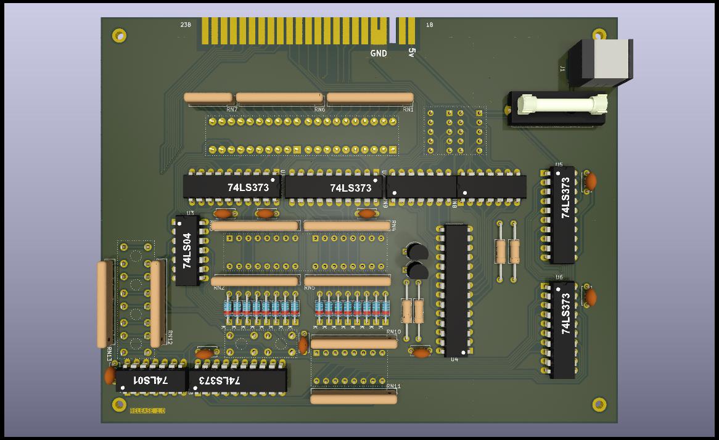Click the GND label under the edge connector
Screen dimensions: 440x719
[x=379, y=54]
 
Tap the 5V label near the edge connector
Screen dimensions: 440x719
[x=411, y=53]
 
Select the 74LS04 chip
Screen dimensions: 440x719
[x=187, y=250]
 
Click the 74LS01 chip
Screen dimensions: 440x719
[x=151, y=381]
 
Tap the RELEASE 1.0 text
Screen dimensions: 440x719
[x=147, y=410]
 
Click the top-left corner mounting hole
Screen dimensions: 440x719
[x=119, y=35]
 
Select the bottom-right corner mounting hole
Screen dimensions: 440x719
[x=599, y=404]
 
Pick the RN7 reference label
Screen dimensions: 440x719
[x=232, y=110]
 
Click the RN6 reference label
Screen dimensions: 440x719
[x=319, y=110]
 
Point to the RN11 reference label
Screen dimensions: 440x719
[x=393, y=386]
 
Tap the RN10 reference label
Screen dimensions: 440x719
[x=393, y=332]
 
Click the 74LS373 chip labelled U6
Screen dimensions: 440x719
[x=562, y=330]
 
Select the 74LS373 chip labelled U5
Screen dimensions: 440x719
[x=562, y=214]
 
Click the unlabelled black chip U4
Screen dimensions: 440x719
[x=456, y=290]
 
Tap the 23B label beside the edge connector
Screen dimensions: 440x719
[x=185, y=25]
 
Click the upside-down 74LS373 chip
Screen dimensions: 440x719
[x=237, y=381]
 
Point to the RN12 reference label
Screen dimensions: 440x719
[x=170, y=338]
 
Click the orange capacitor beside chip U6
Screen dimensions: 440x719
[x=591, y=298]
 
